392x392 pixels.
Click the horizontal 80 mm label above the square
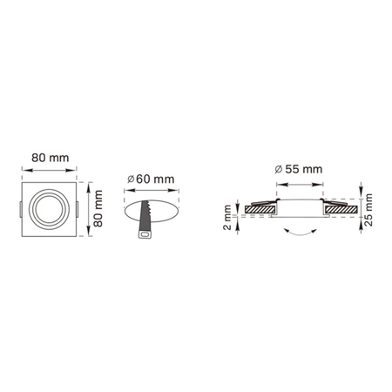tap(51, 158)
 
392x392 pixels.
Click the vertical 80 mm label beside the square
tap(98, 208)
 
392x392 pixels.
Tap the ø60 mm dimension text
tap(151, 179)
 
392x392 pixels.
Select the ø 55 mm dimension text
tap(299, 169)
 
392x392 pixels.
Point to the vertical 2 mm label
tap(227, 217)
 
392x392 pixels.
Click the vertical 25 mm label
tap(368, 210)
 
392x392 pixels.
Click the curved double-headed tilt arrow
tap(300, 232)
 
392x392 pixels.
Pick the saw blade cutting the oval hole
tap(145, 215)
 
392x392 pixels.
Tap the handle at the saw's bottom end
tap(145, 234)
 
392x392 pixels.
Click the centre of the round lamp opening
tap(49, 209)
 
